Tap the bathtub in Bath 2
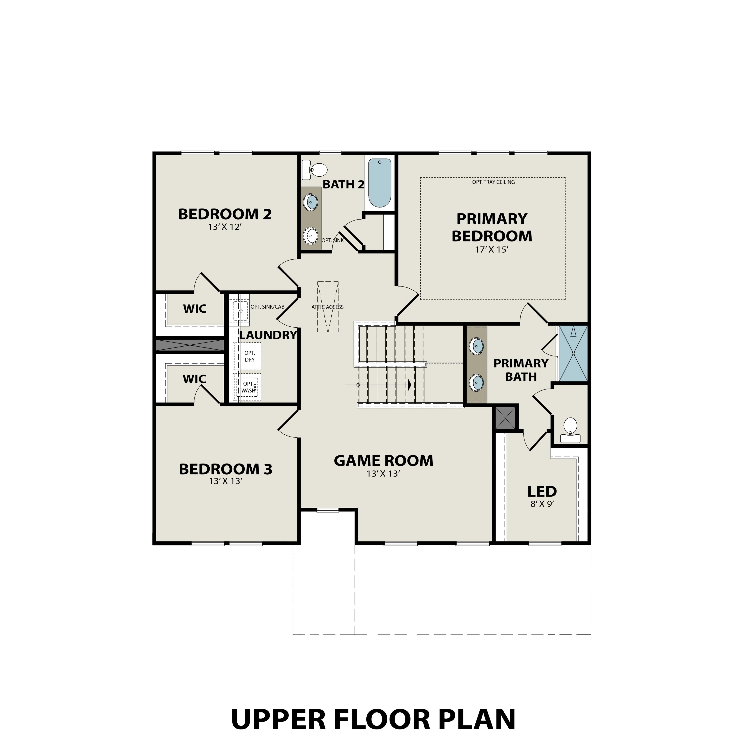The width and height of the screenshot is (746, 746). point(380,183)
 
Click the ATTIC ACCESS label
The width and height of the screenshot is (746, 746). point(327,307)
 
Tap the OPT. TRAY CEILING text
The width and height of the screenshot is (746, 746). point(493,182)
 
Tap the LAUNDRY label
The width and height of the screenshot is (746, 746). point(268,335)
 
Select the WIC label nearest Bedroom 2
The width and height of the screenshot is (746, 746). point(195,309)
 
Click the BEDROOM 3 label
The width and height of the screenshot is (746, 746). point(226,469)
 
